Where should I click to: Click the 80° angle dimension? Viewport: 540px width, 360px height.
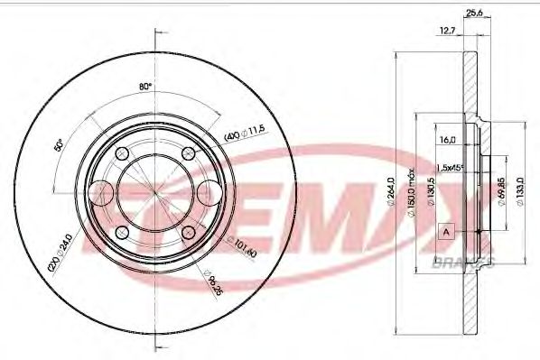pos(144,87)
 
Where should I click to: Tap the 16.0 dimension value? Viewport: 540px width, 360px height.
pos(445,140)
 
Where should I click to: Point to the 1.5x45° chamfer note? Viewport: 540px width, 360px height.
pos(450,168)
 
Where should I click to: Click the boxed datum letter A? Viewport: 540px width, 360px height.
pos(445,232)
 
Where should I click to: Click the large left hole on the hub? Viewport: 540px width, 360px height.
pos(104,192)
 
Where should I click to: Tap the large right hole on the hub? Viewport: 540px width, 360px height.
pos(212,192)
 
